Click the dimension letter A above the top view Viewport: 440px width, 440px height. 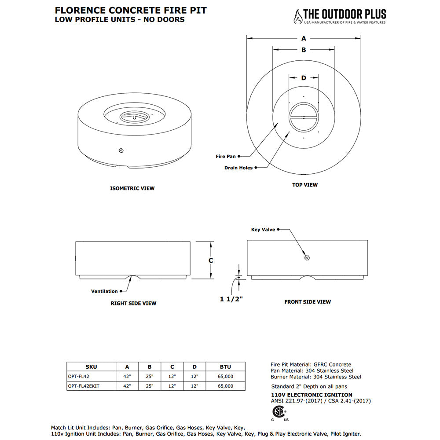pyautogui.click(x=304, y=38)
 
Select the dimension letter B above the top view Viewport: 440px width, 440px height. pyautogui.click(x=304, y=50)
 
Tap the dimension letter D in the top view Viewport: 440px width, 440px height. pyautogui.click(x=304, y=78)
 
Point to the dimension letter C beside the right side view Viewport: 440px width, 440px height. pyautogui.click(x=211, y=260)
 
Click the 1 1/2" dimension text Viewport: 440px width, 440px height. pyautogui.click(x=232, y=299)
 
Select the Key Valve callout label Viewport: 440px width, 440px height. pyautogui.click(x=263, y=229)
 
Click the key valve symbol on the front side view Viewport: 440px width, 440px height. pyautogui.click(x=307, y=258)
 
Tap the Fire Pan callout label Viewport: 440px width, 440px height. pyautogui.click(x=226, y=156)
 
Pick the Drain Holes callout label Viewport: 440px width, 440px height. pyautogui.click(x=238, y=168)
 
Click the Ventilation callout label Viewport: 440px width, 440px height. pyautogui.click(x=104, y=291)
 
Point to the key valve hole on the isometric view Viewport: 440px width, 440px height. pyautogui.click(x=121, y=150)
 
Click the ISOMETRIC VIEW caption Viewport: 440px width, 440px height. pyautogui.click(x=132, y=188)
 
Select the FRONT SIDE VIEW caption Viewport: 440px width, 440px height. pyautogui.click(x=308, y=302)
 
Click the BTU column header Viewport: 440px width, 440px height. pyautogui.click(x=225, y=367)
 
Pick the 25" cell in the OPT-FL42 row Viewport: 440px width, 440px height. pyautogui.click(x=149, y=376)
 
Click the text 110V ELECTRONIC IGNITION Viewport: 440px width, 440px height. pyautogui.click(x=312, y=395)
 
